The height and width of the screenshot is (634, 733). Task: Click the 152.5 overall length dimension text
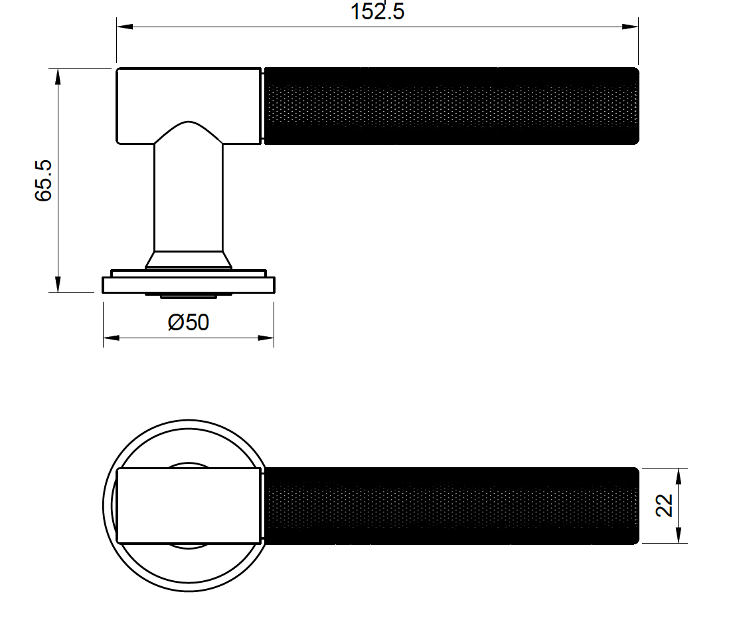pos(377,11)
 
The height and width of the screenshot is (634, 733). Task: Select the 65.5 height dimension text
pos(44,180)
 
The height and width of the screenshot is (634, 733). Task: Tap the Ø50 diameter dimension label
pos(189,322)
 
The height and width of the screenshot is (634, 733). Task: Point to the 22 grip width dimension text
pos(664,505)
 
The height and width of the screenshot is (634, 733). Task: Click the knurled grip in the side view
pos(451,106)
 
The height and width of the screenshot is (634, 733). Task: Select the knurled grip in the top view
pos(451,506)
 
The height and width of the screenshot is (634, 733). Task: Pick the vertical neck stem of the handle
pos(189,199)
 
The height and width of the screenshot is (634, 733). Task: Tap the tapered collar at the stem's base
pos(189,259)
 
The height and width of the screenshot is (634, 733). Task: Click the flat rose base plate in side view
pos(189,285)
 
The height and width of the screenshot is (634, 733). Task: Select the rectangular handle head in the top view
pos(189,506)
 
